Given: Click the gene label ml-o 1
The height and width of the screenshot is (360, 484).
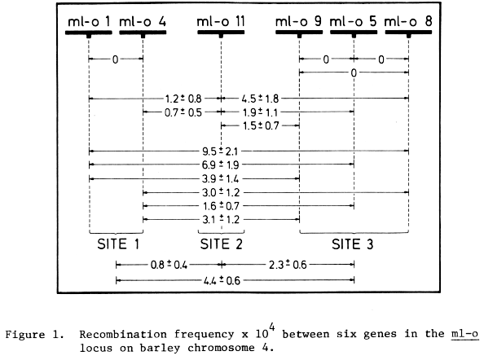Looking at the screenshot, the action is (89, 22).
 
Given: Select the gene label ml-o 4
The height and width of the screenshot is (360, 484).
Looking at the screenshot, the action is (143, 22).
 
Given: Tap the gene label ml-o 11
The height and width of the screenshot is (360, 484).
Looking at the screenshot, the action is (221, 22).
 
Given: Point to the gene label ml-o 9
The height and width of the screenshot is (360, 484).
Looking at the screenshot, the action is (298, 22).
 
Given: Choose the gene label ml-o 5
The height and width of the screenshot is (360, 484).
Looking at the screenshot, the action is (354, 22).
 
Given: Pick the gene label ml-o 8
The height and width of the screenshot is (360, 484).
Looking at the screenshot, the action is (408, 22).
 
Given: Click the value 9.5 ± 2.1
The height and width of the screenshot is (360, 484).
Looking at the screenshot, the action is (220, 151).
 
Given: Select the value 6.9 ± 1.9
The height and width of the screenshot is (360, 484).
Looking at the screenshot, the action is (220, 165).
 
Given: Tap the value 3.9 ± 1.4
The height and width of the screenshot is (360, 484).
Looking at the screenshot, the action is (220, 178).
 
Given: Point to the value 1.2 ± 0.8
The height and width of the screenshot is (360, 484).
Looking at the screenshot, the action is (183, 99).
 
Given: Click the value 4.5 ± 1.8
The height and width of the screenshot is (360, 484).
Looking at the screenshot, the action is (260, 99).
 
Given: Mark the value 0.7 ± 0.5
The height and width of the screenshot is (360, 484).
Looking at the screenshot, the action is (183, 112).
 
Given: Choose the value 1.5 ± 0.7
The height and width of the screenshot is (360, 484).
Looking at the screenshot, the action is (261, 126).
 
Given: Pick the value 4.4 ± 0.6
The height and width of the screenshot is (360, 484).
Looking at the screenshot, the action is (222, 280).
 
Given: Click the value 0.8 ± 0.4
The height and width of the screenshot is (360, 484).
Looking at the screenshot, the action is (169, 265).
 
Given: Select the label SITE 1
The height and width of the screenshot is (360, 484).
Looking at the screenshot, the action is (118, 244).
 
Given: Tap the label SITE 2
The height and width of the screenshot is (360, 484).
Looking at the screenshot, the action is (222, 244).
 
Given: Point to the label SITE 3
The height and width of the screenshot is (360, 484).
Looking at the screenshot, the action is (353, 244).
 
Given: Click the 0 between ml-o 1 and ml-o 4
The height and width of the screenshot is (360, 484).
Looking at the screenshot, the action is (115, 59).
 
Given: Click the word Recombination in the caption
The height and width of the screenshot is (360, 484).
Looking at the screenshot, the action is (123, 335).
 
